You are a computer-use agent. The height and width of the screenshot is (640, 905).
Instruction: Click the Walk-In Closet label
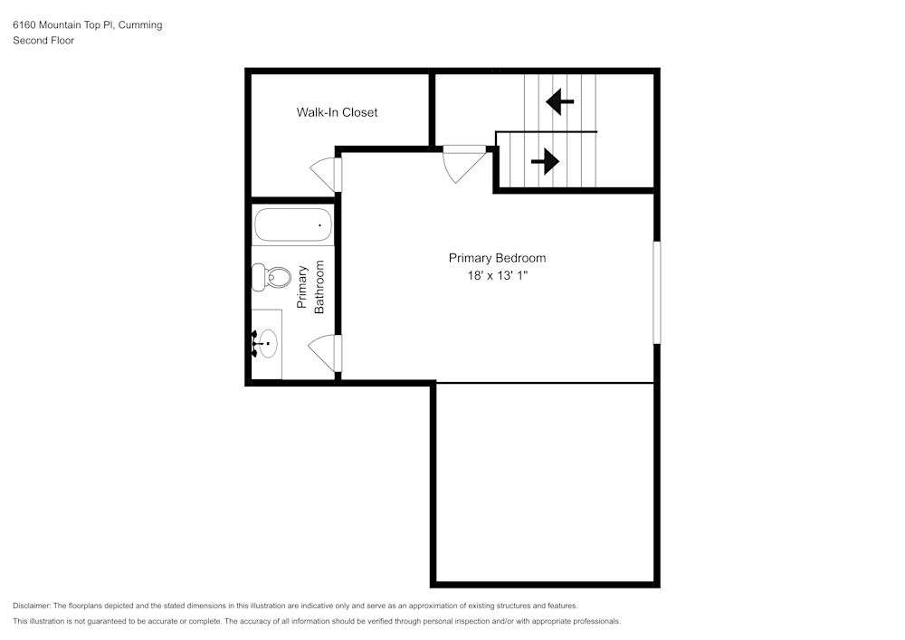click(x=337, y=112)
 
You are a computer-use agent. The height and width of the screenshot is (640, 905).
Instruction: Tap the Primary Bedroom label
click(x=497, y=258)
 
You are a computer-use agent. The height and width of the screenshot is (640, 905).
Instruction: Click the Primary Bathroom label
click(x=310, y=288)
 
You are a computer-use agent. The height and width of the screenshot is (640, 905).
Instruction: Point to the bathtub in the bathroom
click(x=292, y=224)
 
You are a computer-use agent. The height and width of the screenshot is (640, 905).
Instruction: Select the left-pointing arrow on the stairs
click(x=560, y=101)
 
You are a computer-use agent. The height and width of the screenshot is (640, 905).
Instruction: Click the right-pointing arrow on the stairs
click(x=544, y=163)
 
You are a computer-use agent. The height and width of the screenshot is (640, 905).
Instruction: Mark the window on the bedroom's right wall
click(x=657, y=291)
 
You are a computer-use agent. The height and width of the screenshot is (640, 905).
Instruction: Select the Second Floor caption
click(x=43, y=41)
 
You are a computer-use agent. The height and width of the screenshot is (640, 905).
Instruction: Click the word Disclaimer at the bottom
click(x=32, y=606)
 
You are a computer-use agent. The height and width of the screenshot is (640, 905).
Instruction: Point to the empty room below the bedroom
click(x=546, y=484)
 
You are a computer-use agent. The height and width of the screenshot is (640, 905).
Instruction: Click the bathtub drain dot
click(x=319, y=224)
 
